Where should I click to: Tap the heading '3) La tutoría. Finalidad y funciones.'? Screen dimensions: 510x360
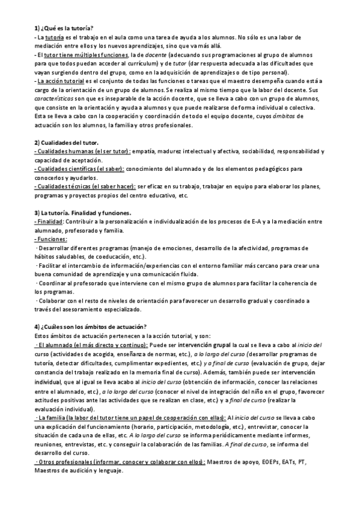point(83,214)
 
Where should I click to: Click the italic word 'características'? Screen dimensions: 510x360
point(53,99)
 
